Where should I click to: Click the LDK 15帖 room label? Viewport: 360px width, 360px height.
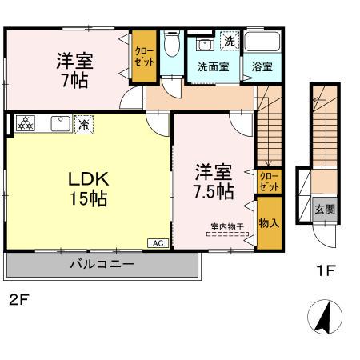tap(86, 189)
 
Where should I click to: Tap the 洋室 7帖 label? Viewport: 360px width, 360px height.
tap(71, 70)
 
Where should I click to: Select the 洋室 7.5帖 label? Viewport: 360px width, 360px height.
tap(213, 182)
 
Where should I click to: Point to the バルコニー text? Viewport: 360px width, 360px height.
tap(101, 264)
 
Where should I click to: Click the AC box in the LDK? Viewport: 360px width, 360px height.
tap(157, 242)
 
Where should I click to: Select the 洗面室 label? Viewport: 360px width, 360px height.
tap(213, 67)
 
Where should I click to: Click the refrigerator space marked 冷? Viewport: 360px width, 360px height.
tap(82, 124)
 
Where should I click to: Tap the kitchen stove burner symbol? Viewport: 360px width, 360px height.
tap(25, 123)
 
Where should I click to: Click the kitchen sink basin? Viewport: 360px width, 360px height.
tap(58, 123)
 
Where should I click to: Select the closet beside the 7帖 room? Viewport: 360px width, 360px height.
tap(144, 55)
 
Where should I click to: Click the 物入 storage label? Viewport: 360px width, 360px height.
tap(268, 222)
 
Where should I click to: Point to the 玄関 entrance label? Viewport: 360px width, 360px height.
tap(321, 210)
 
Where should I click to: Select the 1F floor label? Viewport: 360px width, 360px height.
tap(324, 270)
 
